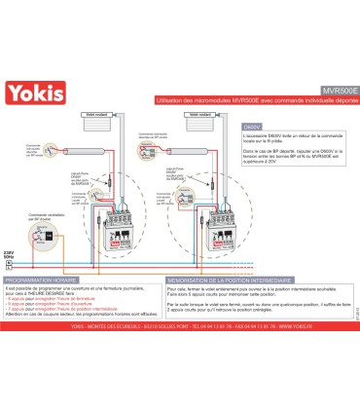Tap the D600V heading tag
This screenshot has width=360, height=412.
[x=252, y=127]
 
